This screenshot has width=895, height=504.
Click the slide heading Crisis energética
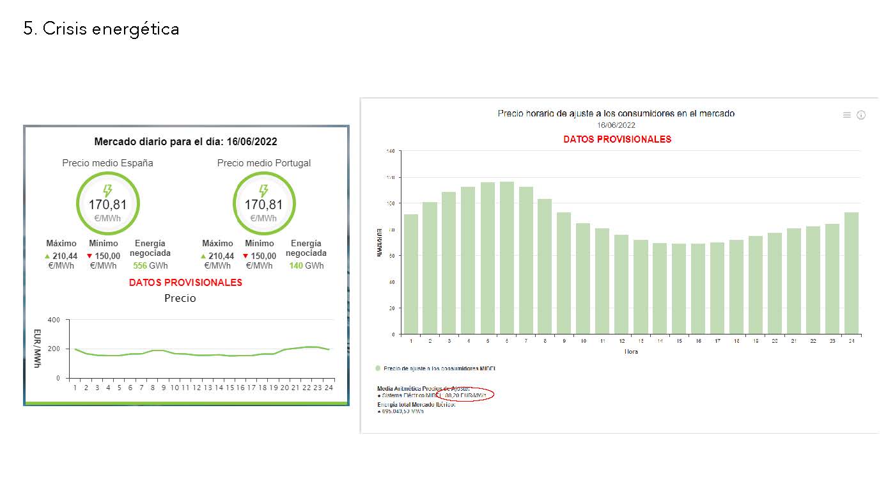tap(101, 29)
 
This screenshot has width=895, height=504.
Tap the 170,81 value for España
tap(107, 205)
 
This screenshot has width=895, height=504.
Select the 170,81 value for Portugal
tap(263, 205)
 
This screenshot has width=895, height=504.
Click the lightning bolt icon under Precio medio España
tap(107, 191)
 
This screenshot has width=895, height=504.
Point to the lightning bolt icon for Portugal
tap(263, 191)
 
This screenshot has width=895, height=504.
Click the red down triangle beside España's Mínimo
tap(89, 256)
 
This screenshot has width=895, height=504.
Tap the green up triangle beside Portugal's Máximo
tap(203, 256)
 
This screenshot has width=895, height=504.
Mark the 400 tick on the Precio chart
tap(54, 320)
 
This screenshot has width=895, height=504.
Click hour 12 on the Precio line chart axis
tap(197, 388)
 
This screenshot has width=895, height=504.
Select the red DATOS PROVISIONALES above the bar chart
tap(617, 139)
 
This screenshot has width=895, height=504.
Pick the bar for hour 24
tap(852, 273)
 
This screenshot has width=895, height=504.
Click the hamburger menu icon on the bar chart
tap(847, 115)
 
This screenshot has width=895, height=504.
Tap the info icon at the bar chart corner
tap(861, 115)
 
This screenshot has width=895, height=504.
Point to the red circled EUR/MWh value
tap(465, 395)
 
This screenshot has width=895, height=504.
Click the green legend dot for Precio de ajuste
tap(378, 368)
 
